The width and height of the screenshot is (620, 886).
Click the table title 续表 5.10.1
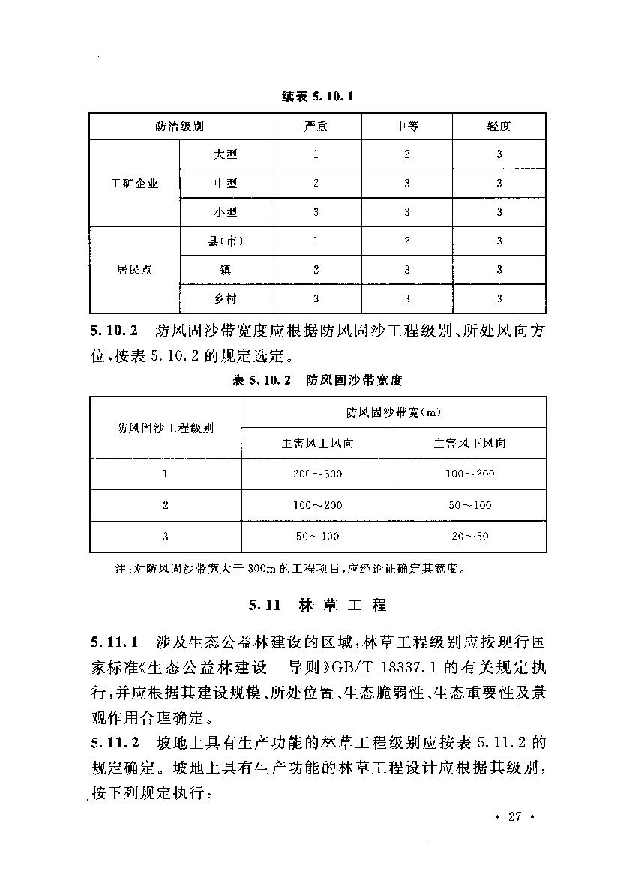pyautogui.click(x=317, y=97)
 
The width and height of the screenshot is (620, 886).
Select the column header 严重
pyautogui.click(x=316, y=127)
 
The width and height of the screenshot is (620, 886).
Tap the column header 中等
pyautogui.click(x=407, y=127)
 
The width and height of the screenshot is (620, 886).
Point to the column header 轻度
pyautogui.click(x=499, y=127)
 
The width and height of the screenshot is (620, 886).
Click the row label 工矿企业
pyautogui.click(x=135, y=184)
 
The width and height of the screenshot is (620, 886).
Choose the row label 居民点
pyautogui.click(x=135, y=270)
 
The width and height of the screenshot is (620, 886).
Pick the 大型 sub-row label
pyautogui.click(x=226, y=155)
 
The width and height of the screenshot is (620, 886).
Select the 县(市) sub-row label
pyautogui.click(x=226, y=241)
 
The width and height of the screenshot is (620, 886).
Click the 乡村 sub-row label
pyautogui.click(x=226, y=298)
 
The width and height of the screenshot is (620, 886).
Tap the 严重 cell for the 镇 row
pyautogui.click(x=316, y=270)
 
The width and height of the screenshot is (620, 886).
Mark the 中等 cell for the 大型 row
pyautogui.click(x=407, y=155)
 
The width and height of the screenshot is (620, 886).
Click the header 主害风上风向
pyautogui.click(x=317, y=443)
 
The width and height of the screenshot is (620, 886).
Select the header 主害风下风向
pyautogui.click(x=470, y=443)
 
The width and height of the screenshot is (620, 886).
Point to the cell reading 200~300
pyautogui.click(x=317, y=474)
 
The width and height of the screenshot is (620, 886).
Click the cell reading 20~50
pyautogui.click(x=470, y=536)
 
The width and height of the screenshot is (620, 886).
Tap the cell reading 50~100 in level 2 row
pyautogui.click(x=470, y=505)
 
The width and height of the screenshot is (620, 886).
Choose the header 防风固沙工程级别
pyautogui.click(x=166, y=428)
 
